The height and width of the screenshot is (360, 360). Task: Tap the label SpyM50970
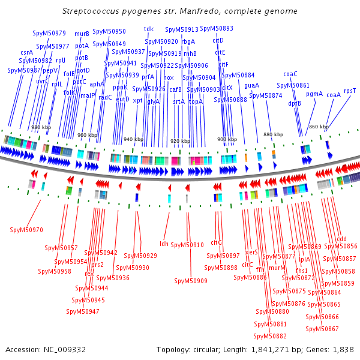pos(26,230)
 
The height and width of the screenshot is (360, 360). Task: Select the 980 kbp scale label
pos(40,128)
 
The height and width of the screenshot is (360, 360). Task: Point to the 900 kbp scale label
pos(226,139)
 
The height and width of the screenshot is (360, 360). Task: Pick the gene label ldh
pos(164,243)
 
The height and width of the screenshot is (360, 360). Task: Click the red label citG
pos(217,242)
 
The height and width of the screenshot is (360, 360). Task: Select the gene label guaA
pos(252,85)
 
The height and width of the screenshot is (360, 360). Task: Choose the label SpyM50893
pos(217,28)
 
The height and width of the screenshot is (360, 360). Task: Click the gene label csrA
pos(27,52)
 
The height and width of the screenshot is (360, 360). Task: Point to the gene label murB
pos(82,34)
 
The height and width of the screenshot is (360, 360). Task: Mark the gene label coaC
pos(290,74)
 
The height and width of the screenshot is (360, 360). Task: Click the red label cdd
pos(342,238)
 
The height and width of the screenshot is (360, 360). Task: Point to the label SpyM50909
pos(191,281)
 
